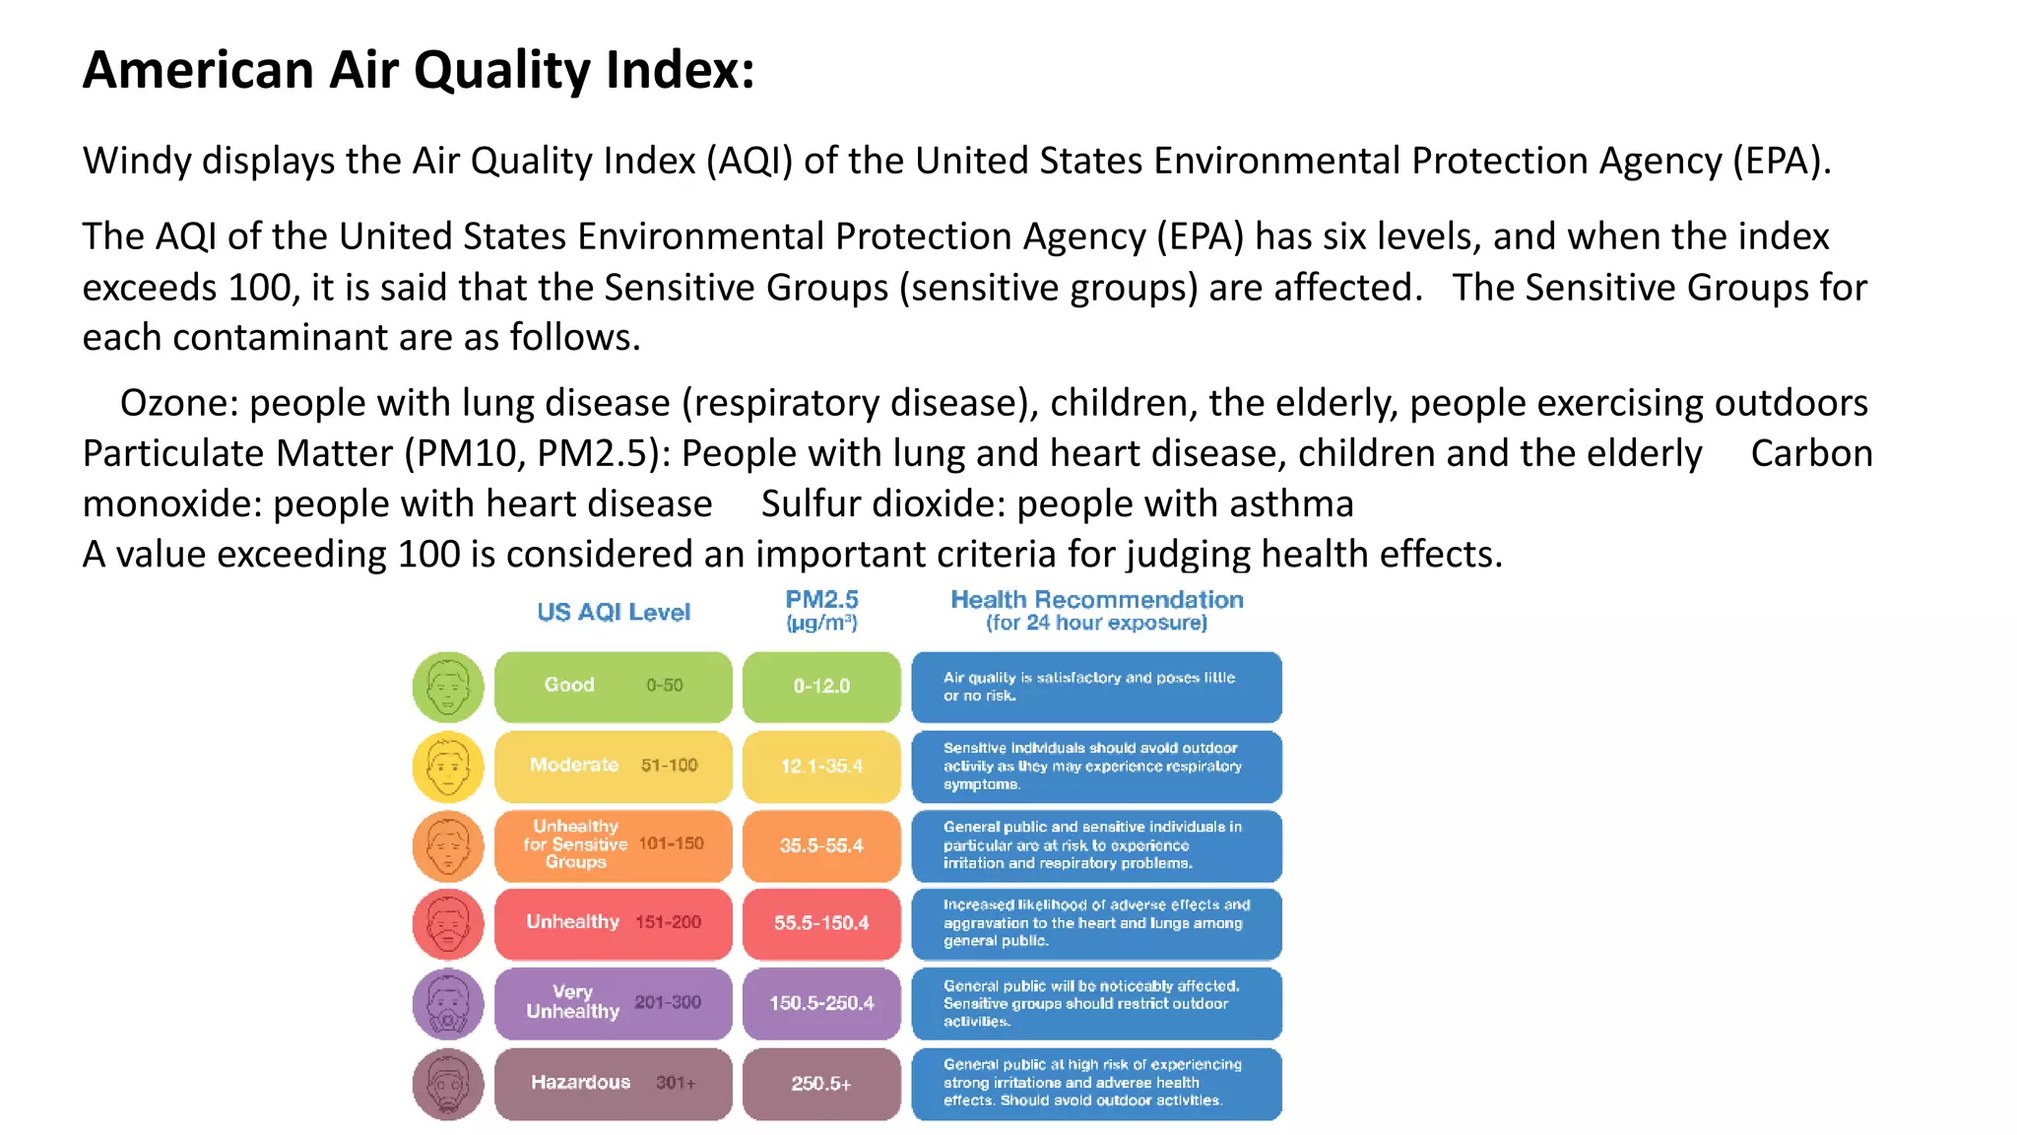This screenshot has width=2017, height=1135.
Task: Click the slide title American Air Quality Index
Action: coord(418,71)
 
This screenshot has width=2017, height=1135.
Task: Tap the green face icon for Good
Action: coord(448,687)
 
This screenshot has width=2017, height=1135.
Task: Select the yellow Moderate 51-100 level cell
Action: coord(613,766)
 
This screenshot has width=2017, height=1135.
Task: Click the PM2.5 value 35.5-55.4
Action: coord(821,845)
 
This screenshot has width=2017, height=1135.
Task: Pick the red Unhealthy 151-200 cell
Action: coord(613,923)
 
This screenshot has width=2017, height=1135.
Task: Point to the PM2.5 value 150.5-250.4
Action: coord(821,1003)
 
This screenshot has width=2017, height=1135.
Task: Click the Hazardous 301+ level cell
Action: coord(613,1083)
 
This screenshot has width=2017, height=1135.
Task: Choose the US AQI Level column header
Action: coord(614,612)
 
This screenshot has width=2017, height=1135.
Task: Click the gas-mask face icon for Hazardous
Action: coord(448,1084)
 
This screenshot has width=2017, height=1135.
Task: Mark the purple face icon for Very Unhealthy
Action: coord(448,1004)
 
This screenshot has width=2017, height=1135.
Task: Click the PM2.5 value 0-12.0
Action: coord(821,686)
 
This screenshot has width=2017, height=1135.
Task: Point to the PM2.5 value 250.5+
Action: coord(821,1083)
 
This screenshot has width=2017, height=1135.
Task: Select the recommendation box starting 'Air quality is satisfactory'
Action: coord(1096,687)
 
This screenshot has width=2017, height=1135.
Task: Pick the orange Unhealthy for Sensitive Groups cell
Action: coord(613,845)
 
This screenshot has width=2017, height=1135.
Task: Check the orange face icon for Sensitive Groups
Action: coord(448,845)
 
